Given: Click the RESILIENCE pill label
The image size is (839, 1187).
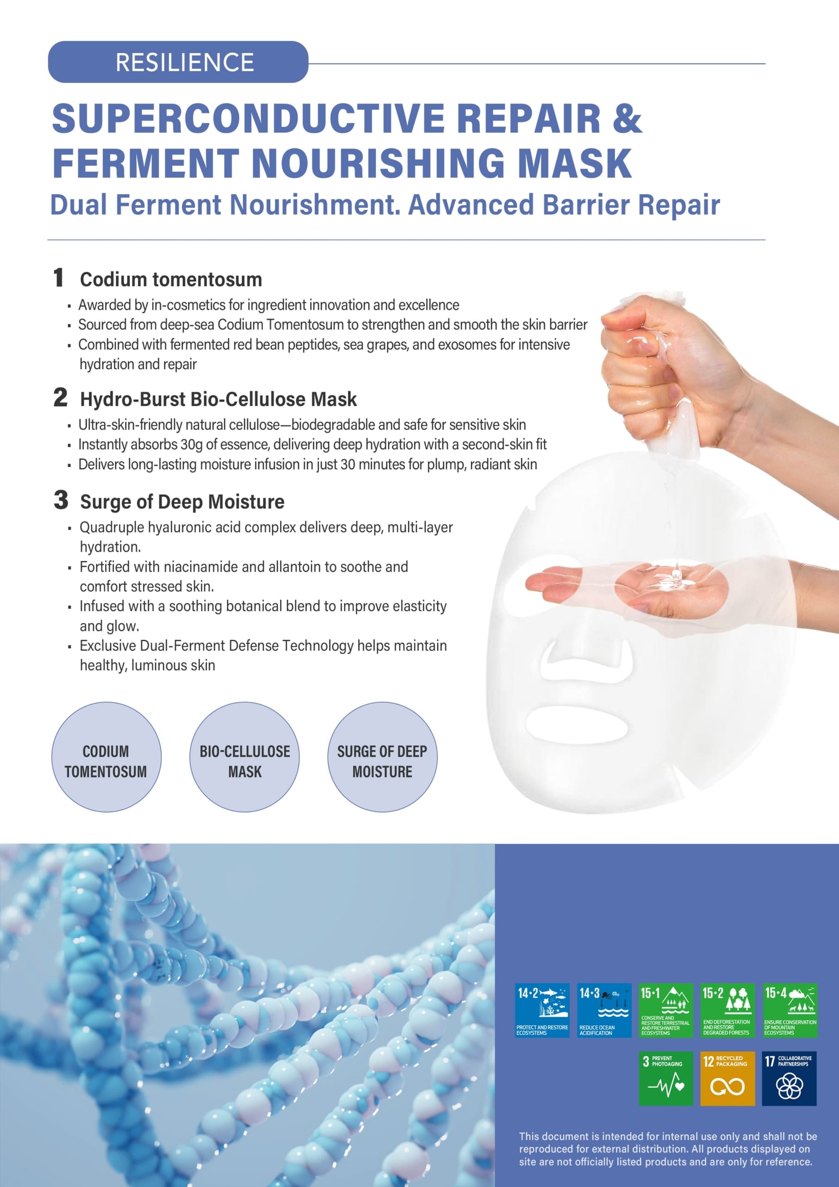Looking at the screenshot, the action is pyautogui.click(x=178, y=62).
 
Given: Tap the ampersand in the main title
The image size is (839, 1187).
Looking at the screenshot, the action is pyautogui.click(x=627, y=118).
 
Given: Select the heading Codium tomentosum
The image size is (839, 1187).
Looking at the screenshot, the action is pyautogui.click(x=171, y=280).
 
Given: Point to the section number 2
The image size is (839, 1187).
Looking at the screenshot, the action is pyautogui.click(x=60, y=397).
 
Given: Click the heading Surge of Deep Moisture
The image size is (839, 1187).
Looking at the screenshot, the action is pyautogui.click(x=182, y=502).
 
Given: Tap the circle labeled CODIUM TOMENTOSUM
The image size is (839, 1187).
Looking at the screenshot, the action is pyautogui.click(x=106, y=757).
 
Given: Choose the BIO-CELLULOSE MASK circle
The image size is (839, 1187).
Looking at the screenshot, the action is pyautogui.click(x=244, y=757).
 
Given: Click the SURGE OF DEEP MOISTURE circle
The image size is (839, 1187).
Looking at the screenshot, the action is pyautogui.click(x=382, y=757).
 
